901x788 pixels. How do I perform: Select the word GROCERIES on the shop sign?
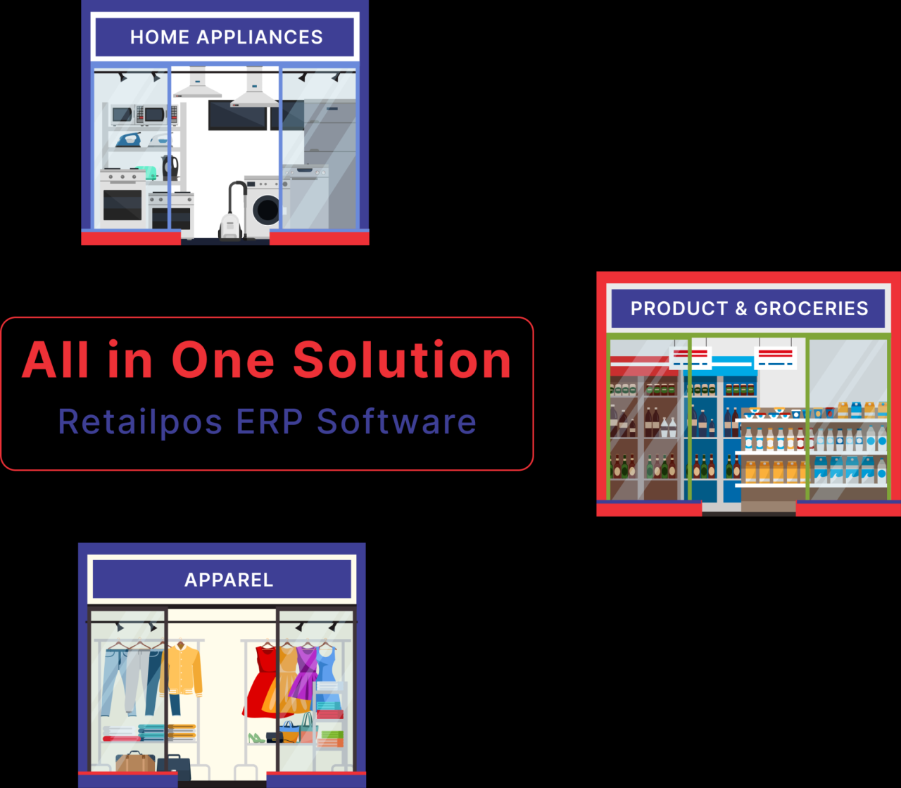click(x=811, y=308)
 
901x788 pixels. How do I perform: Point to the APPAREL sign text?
click(x=229, y=580)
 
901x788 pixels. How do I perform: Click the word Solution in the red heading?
click(x=402, y=360)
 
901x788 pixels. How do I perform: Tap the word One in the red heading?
click(x=223, y=360)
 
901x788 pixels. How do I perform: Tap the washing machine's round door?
click(x=267, y=209)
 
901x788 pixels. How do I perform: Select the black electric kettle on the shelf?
click(x=170, y=167)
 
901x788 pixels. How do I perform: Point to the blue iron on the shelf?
click(x=129, y=140)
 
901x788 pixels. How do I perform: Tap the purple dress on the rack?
click(x=306, y=672)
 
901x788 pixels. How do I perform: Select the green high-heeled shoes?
click(x=256, y=738)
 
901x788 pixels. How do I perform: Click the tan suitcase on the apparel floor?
click(x=135, y=762)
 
